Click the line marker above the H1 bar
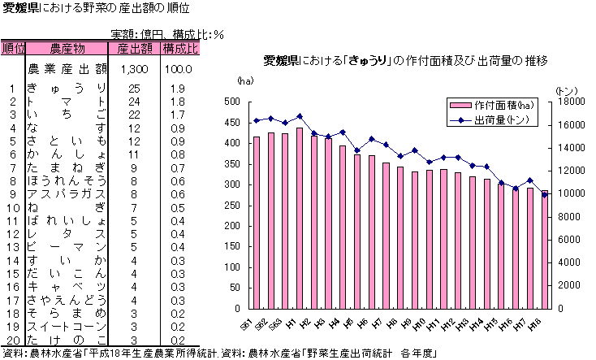point(300,116)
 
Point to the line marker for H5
point(357,150)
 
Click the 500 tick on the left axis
point(232,102)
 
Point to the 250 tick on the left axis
point(232,206)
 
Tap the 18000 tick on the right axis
point(572,102)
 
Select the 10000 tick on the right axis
point(572,194)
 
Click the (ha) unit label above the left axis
point(245,82)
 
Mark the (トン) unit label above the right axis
point(566,89)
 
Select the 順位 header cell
point(14,49)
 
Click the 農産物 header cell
point(67,49)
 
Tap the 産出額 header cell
point(134,49)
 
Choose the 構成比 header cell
point(179,49)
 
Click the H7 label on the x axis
point(375,323)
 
